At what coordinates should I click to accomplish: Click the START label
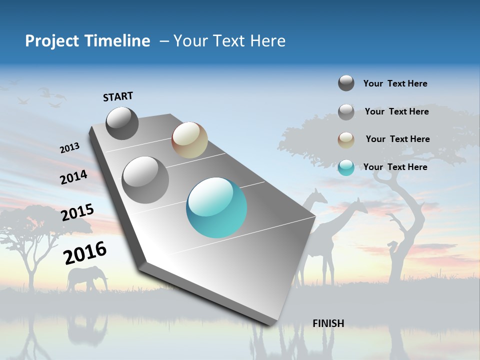click(118, 96)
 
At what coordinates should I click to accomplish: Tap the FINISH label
click(328, 323)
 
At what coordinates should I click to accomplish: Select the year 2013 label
click(69, 148)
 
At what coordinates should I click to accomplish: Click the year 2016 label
click(85, 253)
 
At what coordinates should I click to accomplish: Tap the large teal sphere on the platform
click(216, 208)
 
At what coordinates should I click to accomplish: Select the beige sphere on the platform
click(189, 140)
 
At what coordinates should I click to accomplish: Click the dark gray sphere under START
click(122, 123)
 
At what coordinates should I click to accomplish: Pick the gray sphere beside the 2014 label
click(145, 180)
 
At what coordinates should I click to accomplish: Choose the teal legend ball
click(346, 167)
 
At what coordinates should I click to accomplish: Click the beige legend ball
click(346, 140)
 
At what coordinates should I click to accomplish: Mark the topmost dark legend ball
click(346, 83)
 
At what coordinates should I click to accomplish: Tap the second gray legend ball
click(346, 112)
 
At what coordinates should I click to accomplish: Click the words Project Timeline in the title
click(87, 41)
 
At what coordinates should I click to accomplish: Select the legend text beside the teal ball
click(395, 167)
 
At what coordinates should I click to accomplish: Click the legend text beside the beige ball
click(397, 139)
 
